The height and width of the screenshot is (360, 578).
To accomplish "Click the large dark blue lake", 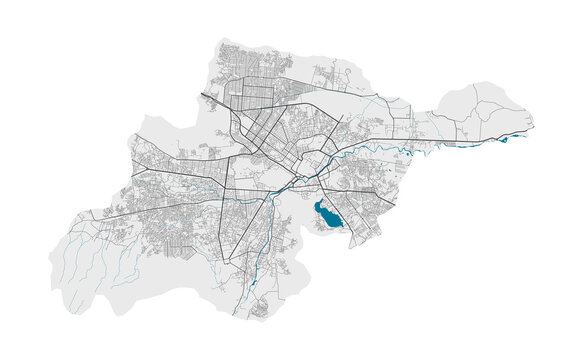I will pos(326,212).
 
